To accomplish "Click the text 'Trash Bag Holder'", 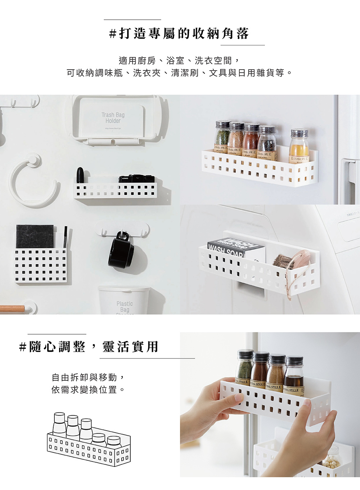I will click(113, 118).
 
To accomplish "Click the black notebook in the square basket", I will click(35, 237).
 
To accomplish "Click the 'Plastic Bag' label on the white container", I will click(125, 307).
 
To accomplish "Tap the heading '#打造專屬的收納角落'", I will click(179, 34).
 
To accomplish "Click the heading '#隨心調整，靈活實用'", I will click(89, 347).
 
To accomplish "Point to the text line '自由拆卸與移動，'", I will click(88, 377).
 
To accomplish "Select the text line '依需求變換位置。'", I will click(88, 390).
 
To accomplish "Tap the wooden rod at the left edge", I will click(12, 308).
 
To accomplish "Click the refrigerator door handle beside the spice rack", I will click(347, 180).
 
